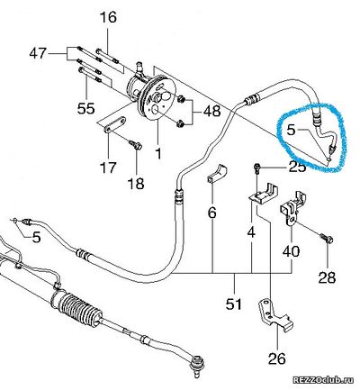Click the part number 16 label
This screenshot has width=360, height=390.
pyautogui.click(x=108, y=17)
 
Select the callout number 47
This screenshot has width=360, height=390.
pyautogui.click(x=38, y=54)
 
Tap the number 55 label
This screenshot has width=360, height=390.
pyautogui.click(x=85, y=108)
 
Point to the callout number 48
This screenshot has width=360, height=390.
pyautogui.click(x=211, y=112)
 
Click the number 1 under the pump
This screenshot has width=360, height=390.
pyautogui.click(x=158, y=152)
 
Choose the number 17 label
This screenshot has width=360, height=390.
pyautogui.click(x=108, y=168)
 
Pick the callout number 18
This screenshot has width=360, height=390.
pyautogui.click(x=136, y=184)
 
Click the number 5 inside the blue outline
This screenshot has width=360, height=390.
pyautogui.click(x=291, y=130)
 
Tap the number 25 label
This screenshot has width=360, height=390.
pyautogui.click(x=297, y=167)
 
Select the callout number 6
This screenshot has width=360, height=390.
pyautogui.click(x=211, y=213)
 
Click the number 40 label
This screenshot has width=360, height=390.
pyautogui.click(x=291, y=251)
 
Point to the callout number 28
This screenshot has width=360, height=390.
pyautogui.click(x=327, y=277)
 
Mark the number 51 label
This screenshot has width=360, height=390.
pyautogui.click(x=234, y=304)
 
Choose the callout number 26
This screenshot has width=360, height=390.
pyautogui.click(x=277, y=358)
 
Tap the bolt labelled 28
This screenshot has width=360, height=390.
pyautogui.click(x=327, y=239)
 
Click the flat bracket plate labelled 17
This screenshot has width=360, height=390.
pyautogui.click(x=114, y=124)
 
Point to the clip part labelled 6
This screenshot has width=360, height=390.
pyautogui.click(x=217, y=174)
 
